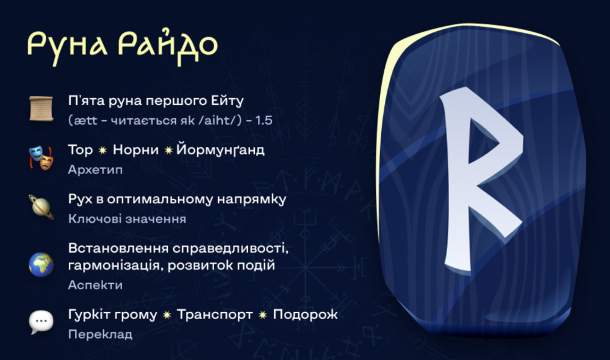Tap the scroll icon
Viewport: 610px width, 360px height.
[41, 109]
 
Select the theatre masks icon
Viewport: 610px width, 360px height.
[41, 157]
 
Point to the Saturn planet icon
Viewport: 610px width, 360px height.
[41, 207]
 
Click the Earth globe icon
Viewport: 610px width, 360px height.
[41, 265]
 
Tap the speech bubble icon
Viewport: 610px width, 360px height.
[41, 322]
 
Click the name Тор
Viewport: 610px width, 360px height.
[81, 150]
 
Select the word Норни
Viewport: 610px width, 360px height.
[136, 150]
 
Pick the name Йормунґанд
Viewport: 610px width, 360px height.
[220, 149]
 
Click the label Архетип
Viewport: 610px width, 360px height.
[95, 170]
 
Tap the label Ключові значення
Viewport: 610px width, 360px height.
[127, 218]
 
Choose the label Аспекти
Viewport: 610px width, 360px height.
[95, 285]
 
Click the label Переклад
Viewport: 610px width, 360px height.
[101, 334]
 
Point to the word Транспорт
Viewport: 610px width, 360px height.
[215, 314]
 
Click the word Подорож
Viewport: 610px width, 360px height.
[306, 315]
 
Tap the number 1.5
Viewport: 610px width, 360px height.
[264, 120]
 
